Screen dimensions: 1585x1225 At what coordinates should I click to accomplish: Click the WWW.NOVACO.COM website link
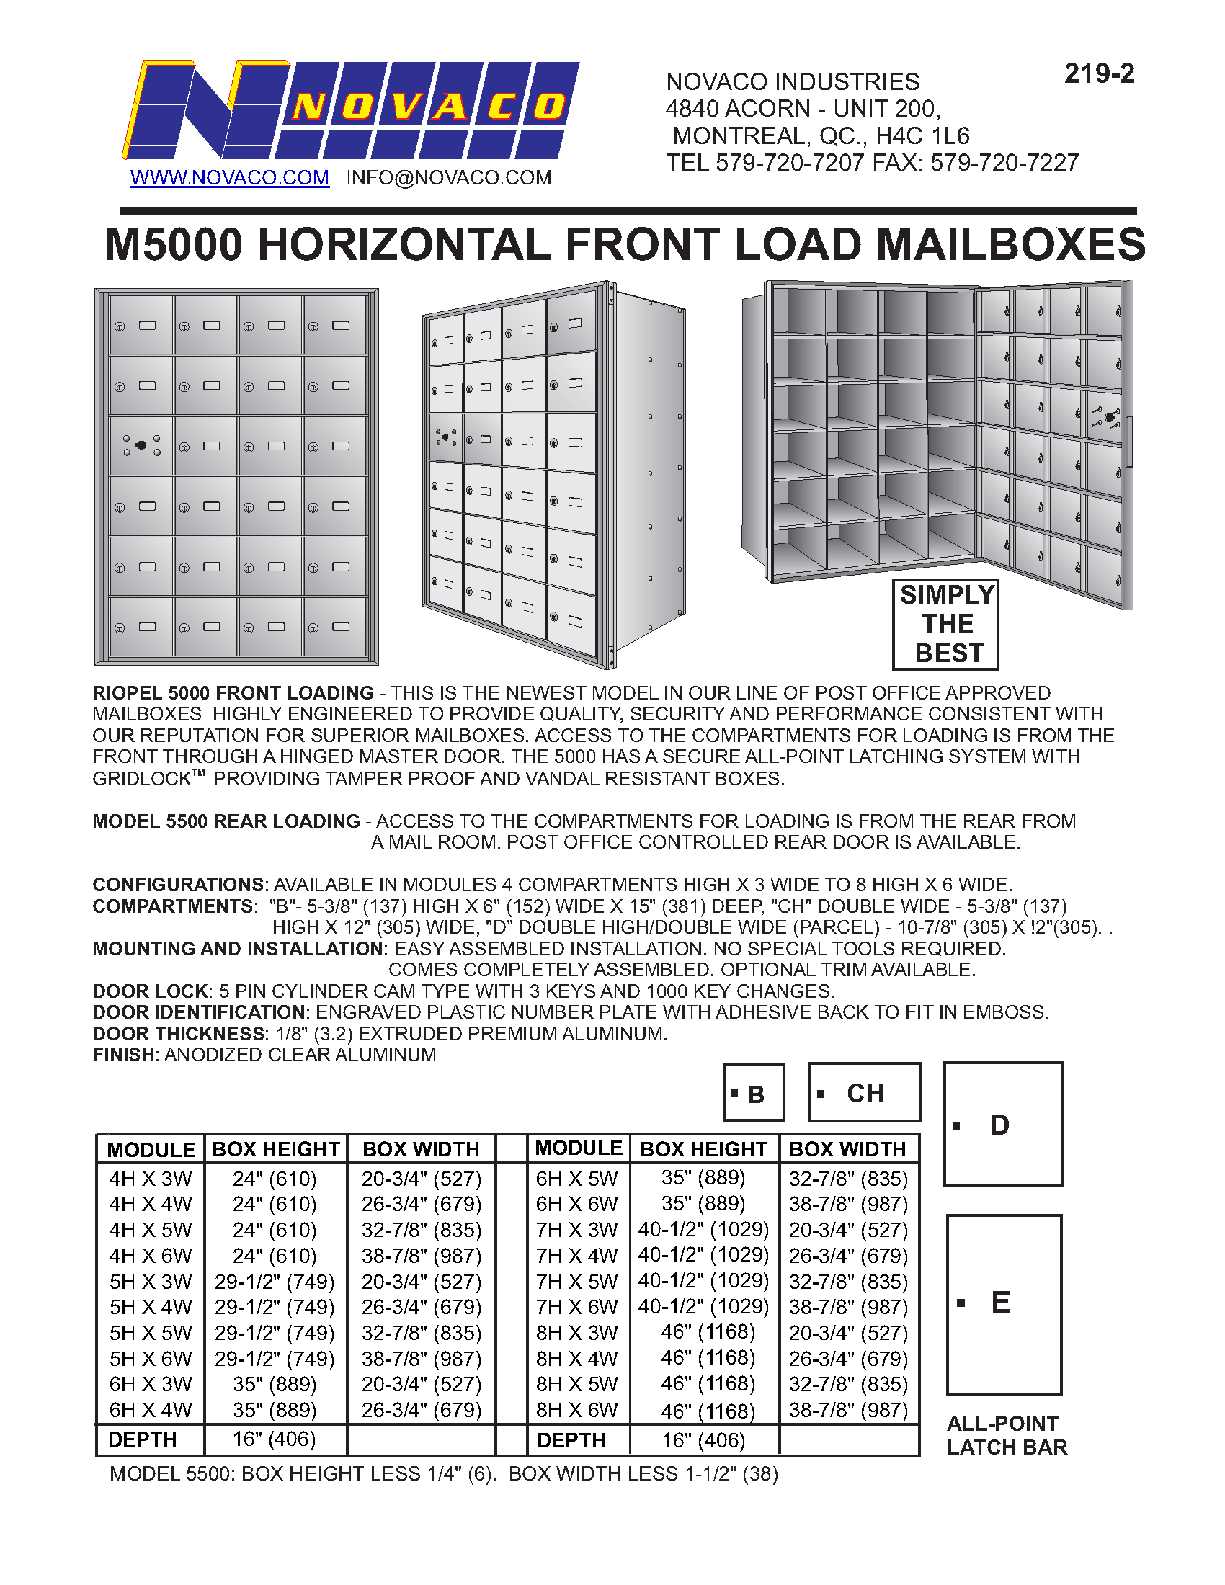coord(229,178)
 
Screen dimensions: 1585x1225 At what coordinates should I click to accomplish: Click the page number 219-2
coord(1099,74)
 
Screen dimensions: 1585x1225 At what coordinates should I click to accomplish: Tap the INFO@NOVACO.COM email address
coord(448,178)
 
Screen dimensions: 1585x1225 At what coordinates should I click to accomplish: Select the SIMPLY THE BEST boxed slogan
coord(945,624)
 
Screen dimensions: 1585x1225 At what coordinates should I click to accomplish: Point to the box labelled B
coord(754,1093)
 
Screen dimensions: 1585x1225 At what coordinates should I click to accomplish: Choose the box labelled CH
coord(865,1093)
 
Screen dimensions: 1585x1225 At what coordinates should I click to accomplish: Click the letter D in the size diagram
coord(1000,1125)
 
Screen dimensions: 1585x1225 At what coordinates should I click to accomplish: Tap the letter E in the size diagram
coord(1000,1303)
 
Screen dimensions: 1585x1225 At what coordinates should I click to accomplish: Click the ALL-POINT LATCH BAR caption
coord(1007,1434)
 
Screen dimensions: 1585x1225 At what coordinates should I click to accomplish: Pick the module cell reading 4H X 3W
coord(150,1179)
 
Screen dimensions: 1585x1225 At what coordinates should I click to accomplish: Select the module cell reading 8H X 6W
coord(577,1409)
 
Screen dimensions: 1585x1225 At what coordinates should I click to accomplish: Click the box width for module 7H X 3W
coord(848,1229)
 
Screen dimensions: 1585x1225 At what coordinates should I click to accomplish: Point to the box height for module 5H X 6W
coord(275,1359)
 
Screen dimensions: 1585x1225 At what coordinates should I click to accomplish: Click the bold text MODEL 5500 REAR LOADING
coord(226,821)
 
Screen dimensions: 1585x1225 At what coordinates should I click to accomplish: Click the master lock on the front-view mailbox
coord(141,445)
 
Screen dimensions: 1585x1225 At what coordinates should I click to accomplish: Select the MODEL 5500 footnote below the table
coord(443,1474)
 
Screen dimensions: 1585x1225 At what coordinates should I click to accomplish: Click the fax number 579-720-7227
coord(1004,163)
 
